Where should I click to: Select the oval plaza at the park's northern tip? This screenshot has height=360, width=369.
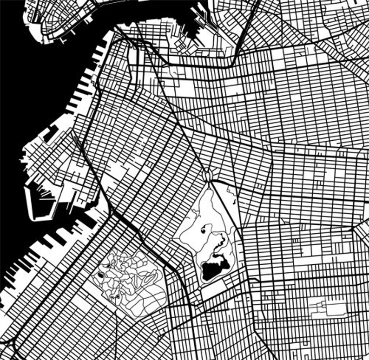208,175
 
